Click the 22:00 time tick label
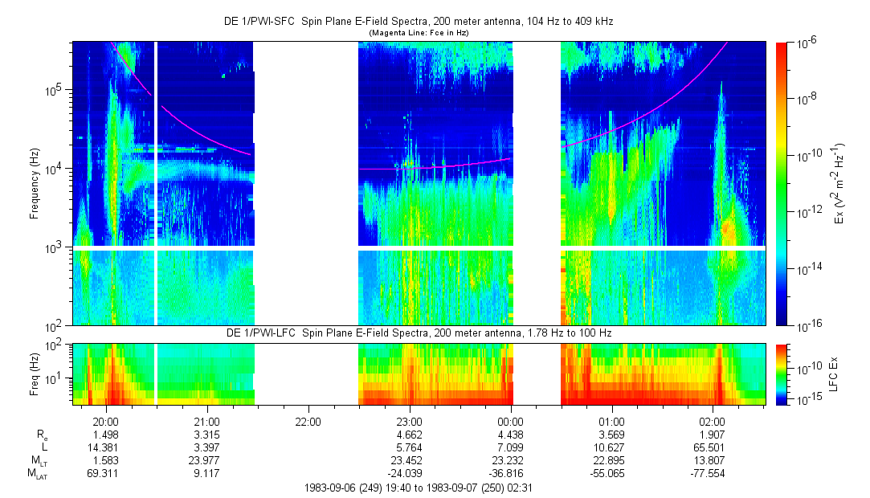tap(308, 421)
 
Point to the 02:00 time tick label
tap(713, 421)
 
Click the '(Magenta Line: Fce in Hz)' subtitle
tap(418, 32)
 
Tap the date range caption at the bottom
tap(418, 488)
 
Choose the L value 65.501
tap(713, 447)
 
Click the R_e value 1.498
tap(106, 434)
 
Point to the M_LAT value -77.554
tap(713, 474)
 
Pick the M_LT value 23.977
tap(207, 460)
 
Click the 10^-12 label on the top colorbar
tap(807, 212)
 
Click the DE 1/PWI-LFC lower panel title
tap(418, 333)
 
